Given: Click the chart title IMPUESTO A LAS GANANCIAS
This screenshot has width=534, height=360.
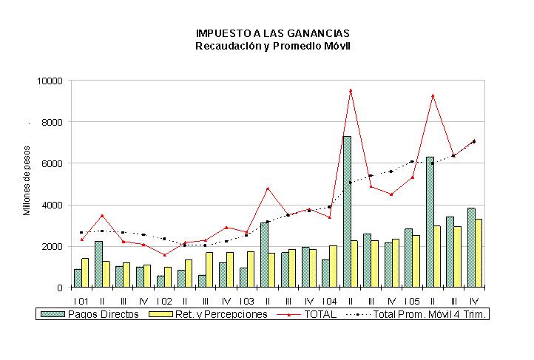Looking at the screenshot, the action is click(272, 33).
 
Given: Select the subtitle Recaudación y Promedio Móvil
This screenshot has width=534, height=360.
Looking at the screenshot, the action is click(272, 46).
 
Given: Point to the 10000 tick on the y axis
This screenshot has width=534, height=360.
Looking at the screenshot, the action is click(50, 81).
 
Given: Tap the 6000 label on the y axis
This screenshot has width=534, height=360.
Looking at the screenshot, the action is click(52, 163).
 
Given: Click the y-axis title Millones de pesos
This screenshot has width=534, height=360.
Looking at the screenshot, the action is click(27, 180).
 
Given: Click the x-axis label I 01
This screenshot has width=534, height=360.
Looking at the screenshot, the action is click(81, 302).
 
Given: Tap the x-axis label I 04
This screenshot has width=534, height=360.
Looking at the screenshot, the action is click(329, 302).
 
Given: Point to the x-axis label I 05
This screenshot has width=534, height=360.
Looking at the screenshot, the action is click(412, 302).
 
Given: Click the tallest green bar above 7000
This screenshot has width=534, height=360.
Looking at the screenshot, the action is click(347, 211).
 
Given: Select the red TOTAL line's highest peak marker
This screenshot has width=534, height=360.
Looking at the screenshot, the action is click(351, 90).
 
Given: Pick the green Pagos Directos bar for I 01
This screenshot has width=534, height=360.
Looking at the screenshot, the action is click(78, 279).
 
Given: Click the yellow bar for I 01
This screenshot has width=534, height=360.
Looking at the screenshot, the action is click(85, 273).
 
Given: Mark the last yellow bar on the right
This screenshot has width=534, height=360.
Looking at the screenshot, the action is click(478, 254).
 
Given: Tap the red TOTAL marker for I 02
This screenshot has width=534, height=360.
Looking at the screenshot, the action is click(164, 255).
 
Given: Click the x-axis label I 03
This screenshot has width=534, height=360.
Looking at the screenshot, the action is click(246, 302).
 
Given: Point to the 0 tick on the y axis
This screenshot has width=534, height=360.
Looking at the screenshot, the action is click(60, 288).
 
